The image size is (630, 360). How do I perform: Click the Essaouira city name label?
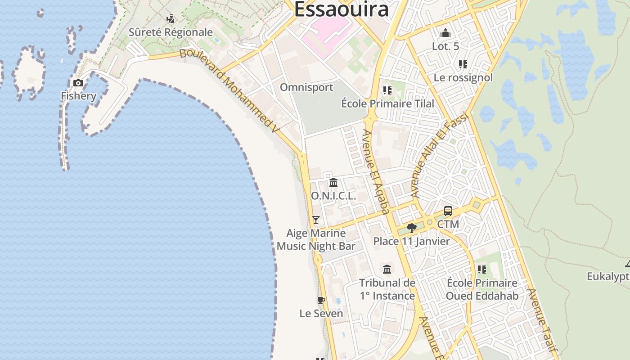point(341,9)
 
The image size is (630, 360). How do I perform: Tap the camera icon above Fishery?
point(78,83)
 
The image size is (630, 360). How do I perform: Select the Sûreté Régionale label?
point(171,32)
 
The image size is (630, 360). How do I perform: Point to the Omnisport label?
point(306,87)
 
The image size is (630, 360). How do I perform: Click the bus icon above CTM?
point(448,211)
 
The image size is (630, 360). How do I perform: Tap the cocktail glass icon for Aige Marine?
point(316,220)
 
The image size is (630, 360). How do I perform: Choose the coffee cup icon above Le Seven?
point(321,301)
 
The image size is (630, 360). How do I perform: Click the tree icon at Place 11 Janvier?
point(411,228)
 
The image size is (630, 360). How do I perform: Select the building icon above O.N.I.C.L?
point(333,183)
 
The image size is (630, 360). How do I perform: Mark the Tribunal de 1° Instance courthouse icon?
point(387,270)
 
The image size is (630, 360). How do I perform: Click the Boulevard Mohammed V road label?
point(230,90)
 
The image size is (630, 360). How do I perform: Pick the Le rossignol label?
point(463,77)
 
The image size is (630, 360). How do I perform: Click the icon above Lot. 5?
point(445,33)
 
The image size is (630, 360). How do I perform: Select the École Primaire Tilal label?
point(387,103)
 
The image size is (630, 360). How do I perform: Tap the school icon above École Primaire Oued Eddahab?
point(482,270)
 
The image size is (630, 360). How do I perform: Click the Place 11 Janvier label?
point(411,241)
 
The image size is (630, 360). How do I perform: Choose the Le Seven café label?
point(321,313)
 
